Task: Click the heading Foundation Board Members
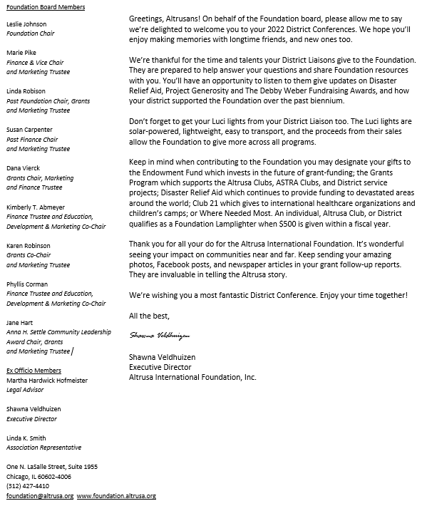(46, 7)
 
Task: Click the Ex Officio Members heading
(34, 371)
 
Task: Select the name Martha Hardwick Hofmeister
(47, 381)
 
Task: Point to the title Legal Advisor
(25, 390)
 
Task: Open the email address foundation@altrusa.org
(40, 495)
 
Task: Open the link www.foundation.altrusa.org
(116, 495)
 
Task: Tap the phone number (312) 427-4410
(28, 485)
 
